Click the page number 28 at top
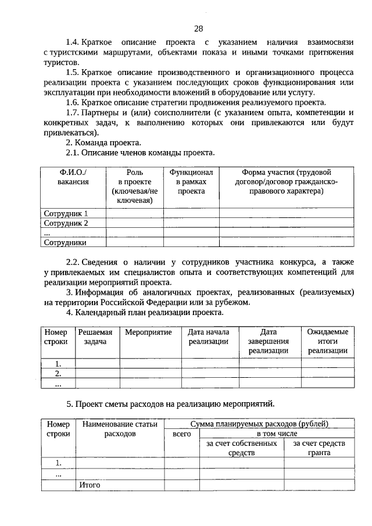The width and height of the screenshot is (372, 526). [198, 29]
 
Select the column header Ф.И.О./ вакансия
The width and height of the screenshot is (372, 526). [73, 177]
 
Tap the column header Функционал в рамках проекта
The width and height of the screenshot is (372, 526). [191, 182]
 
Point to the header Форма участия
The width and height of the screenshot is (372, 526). [285, 182]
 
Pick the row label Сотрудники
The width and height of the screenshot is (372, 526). [66, 243]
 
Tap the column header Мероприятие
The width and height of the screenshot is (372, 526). [148, 332]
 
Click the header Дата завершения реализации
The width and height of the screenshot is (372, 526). [268, 341]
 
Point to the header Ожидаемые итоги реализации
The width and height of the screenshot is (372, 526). [328, 341]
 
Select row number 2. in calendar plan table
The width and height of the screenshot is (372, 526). [58, 373]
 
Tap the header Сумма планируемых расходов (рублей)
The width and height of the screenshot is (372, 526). [259, 424]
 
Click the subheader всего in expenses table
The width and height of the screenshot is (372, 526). [182, 434]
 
